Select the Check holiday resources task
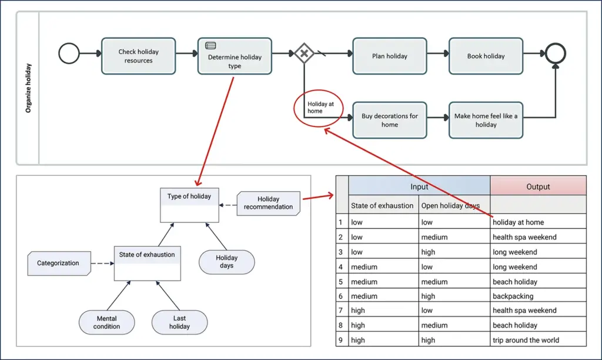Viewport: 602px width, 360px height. coord(138,56)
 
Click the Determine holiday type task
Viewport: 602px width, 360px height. coord(235,57)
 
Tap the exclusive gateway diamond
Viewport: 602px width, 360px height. coord(304,54)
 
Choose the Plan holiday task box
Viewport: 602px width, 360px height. coord(389,56)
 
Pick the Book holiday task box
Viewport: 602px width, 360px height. coord(486,56)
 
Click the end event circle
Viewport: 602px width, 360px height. coord(555,54)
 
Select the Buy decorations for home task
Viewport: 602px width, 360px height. coord(389,120)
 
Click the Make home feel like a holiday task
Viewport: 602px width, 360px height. coord(486,120)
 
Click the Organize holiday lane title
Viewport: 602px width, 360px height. coord(28,88)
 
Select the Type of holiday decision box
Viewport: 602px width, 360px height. coord(189,205)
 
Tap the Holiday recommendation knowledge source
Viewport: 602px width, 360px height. coord(269,203)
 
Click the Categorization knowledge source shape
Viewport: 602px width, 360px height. coord(58,263)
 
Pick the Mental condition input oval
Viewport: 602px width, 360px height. coord(107,322)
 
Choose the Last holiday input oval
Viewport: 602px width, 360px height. coord(179,322)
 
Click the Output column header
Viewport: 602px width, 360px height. coord(538,186)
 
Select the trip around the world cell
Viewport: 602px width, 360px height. coord(526,340)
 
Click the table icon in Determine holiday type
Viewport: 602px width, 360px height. coord(210,45)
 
